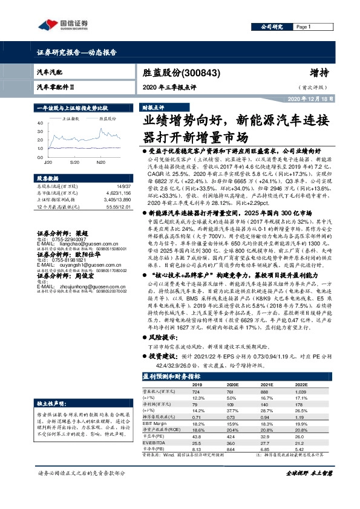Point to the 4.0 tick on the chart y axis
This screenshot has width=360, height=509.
click(x=41, y=123)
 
